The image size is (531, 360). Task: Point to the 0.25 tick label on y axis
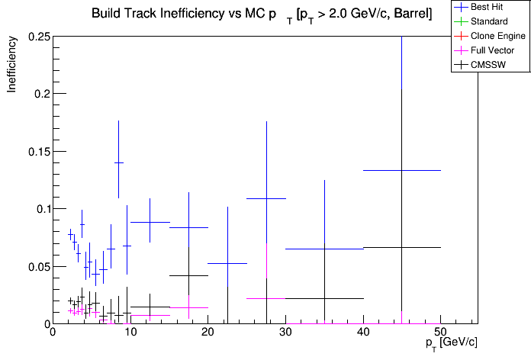[x=37, y=37]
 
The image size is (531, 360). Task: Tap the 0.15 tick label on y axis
[x=37, y=151]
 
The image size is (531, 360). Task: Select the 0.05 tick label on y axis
[x=37, y=266]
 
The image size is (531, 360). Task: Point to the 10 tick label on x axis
[x=130, y=333]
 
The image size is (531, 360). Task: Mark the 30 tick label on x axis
[x=285, y=333]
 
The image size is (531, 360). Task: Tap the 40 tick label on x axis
[x=363, y=333]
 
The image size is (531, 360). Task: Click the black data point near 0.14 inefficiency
[x=118, y=162]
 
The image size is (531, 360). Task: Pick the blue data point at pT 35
[x=324, y=249]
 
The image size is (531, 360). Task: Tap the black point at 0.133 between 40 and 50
[x=402, y=170]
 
